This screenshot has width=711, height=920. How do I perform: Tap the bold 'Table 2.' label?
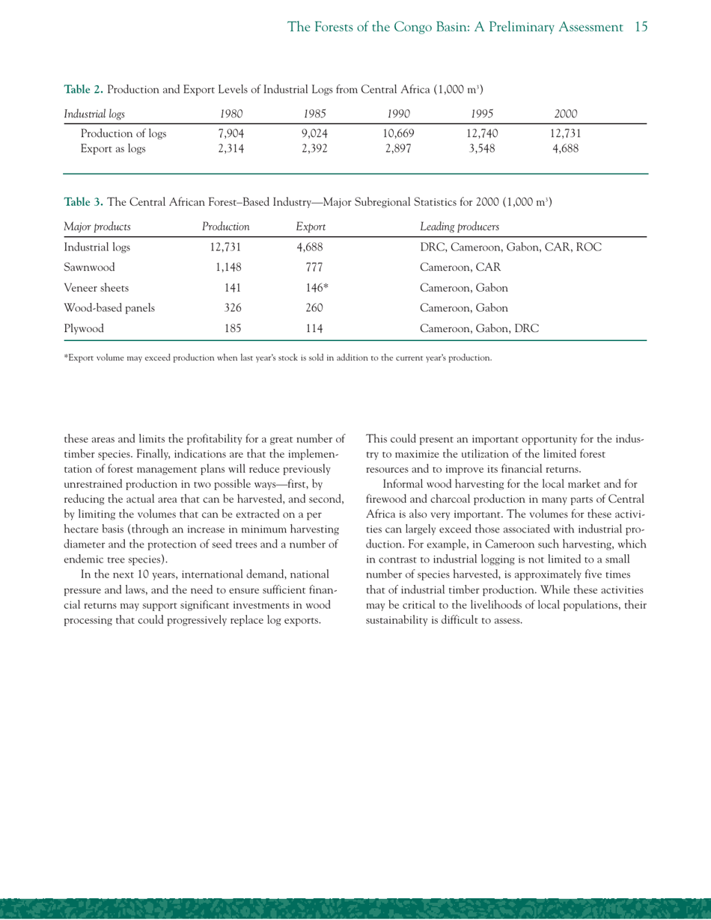point(84,90)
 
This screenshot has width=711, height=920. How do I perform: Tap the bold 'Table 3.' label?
point(84,201)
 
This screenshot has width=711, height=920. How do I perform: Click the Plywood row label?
point(83,327)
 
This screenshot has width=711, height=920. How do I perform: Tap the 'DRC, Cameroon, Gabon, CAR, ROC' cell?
point(512,246)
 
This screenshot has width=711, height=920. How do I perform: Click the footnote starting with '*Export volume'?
point(277,358)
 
